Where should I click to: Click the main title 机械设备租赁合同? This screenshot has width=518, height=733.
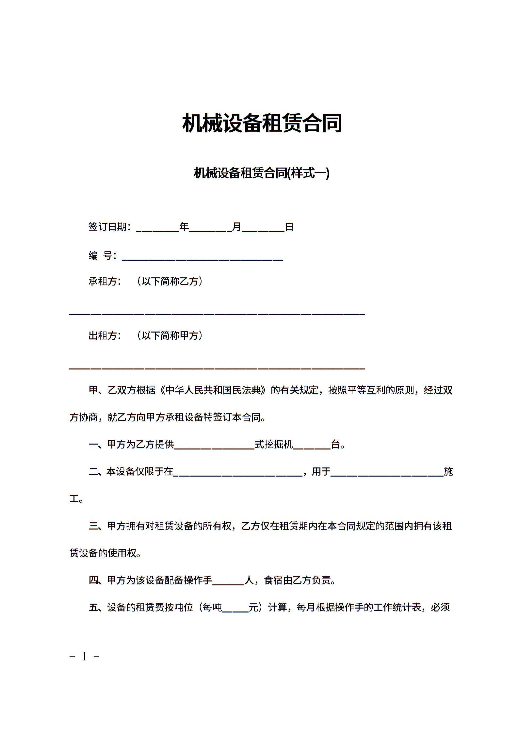[x=262, y=123]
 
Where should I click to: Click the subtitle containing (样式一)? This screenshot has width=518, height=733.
[x=262, y=173]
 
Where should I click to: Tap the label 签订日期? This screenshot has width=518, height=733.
[x=107, y=226]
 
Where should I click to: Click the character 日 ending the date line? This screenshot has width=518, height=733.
[x=289, y=226]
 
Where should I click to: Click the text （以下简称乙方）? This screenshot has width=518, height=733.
[x=170, y=281]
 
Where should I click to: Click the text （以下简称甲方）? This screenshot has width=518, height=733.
[x=170, y=335]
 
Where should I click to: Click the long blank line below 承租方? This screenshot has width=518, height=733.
[x=217, y=313]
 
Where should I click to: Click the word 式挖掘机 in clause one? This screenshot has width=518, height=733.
[x=274, y=444]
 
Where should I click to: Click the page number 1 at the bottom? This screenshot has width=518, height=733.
[x=84, y=656]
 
